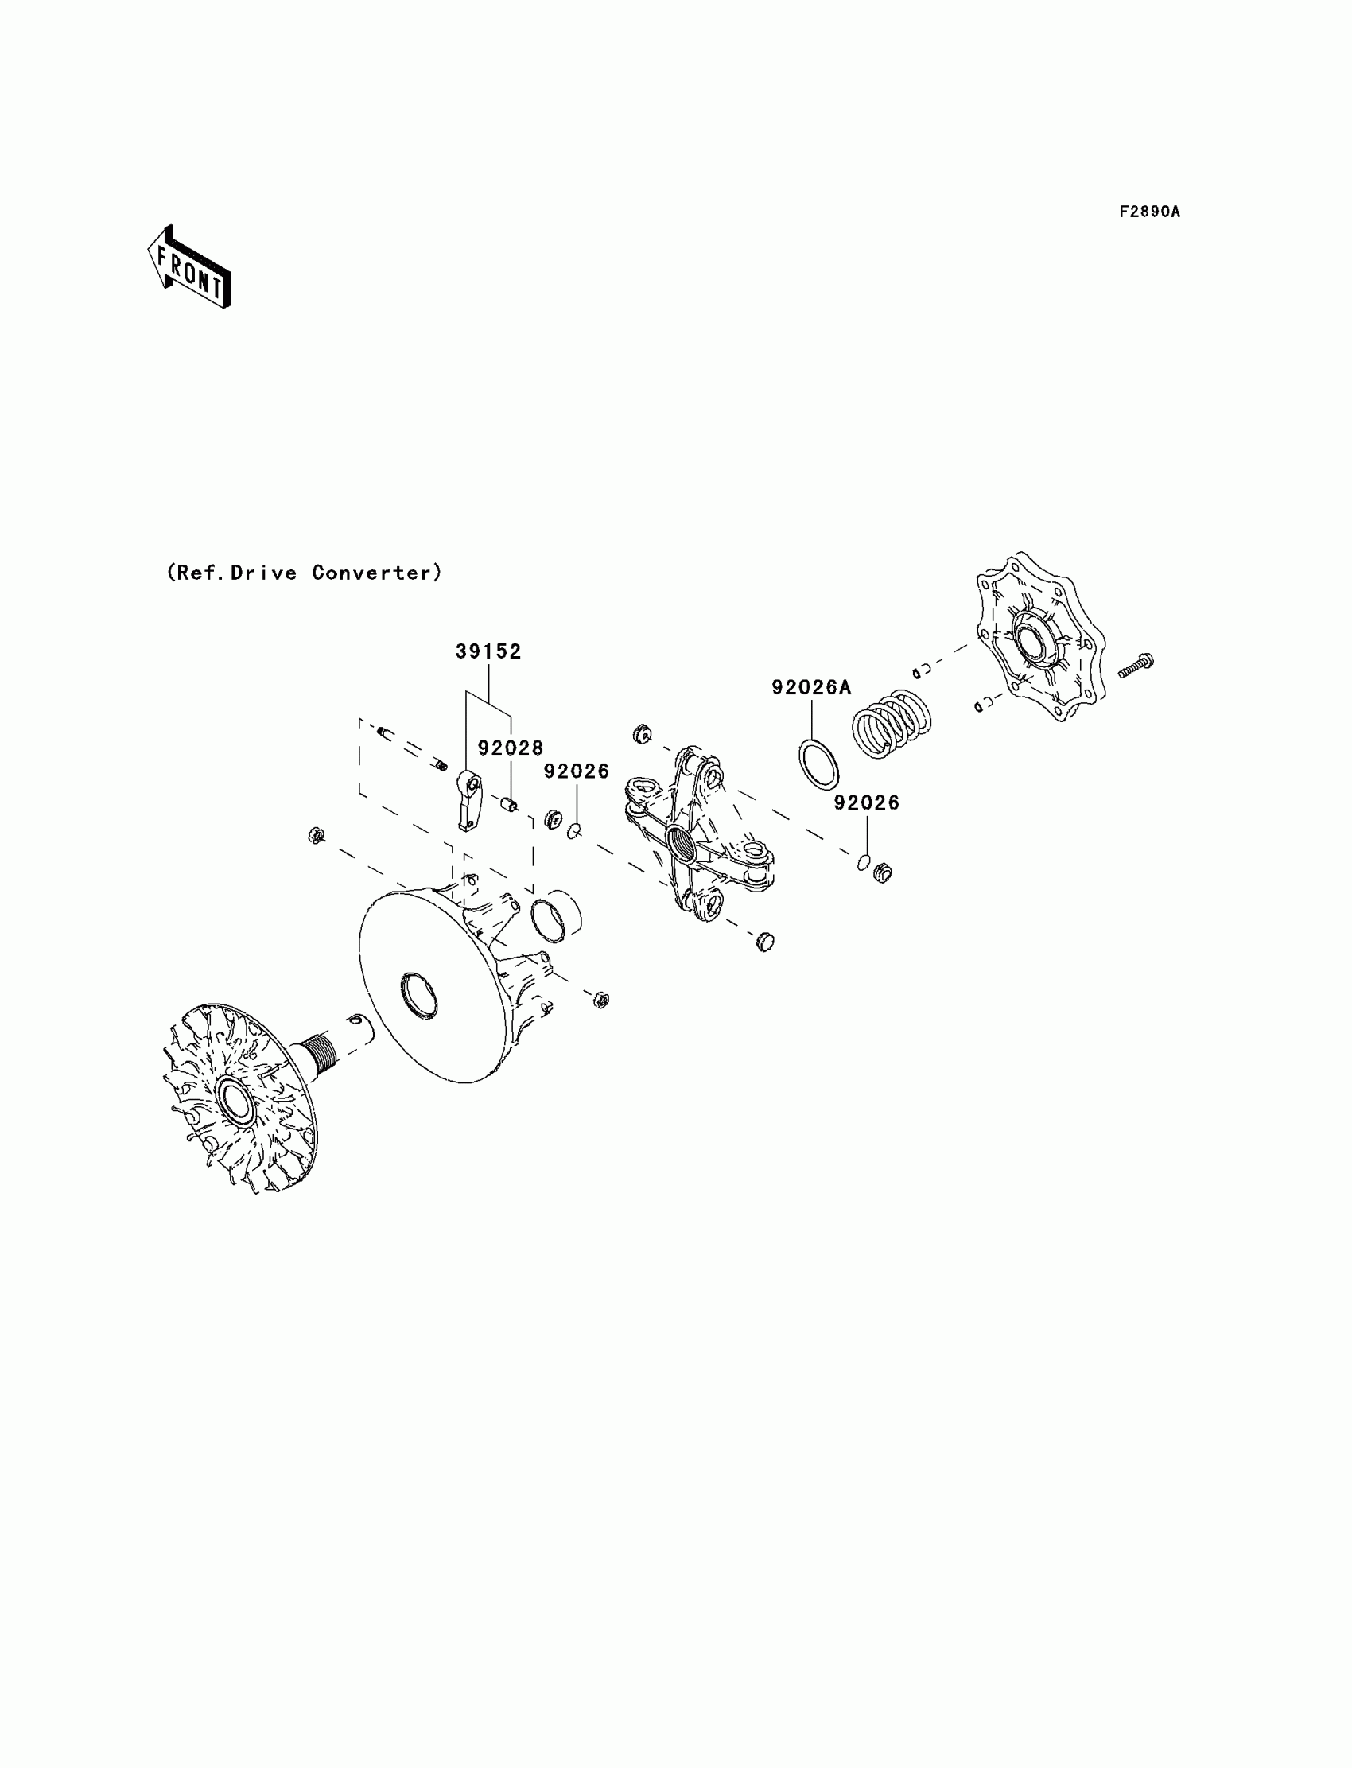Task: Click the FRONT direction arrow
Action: [x=189, y=268]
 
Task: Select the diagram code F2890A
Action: [x=1149, y=212]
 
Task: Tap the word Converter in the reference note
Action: [x=377, y=573]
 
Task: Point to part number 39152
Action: [x=488, y=652]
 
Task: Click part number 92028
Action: [x=511, y=748]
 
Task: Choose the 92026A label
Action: [x=811, y=687]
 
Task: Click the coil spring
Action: [x=891, y=724]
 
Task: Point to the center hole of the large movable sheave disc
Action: [x=418, y=996]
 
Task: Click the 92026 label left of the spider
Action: [x=577, y=771]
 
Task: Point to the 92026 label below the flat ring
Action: [x=866, y=802]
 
